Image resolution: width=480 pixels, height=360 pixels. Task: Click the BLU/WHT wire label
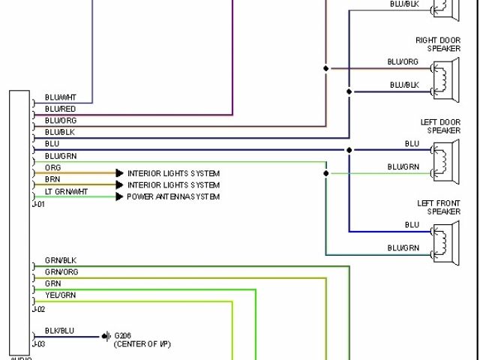click(x=61, y=97)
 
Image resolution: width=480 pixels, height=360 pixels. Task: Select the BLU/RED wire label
click(x=60, y=109)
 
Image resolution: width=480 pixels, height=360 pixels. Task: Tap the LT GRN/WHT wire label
click(x=66, y=192)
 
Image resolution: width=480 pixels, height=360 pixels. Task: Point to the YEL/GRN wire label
click(x=60, y=295)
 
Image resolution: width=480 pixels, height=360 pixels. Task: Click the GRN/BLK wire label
click(x=61, y=260)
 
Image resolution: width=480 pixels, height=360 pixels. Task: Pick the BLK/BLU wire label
click(x=60, y=330)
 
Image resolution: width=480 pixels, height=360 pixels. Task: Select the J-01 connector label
click(x=38, y=202)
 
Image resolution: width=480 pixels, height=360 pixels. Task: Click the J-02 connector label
click(x=38, y=308)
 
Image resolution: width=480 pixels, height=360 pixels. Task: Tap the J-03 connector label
click(x=38, y=343)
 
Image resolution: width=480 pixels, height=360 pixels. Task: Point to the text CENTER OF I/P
click(x=142, y=343)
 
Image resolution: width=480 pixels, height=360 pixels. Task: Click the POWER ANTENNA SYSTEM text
click(x=173, y=196)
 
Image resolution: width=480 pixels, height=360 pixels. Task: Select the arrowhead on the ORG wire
click(x=119, y=173)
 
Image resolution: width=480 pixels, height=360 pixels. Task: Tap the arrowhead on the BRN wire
click(x=119, y=184)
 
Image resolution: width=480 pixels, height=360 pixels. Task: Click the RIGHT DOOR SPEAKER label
click(x=438, y=44)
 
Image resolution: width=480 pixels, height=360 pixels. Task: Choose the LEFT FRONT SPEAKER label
click(x=438, y=207)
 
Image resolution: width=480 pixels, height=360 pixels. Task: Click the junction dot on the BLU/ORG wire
click(x=326, y=69)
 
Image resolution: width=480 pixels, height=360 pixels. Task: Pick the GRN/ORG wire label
click(x=61, y=271)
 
